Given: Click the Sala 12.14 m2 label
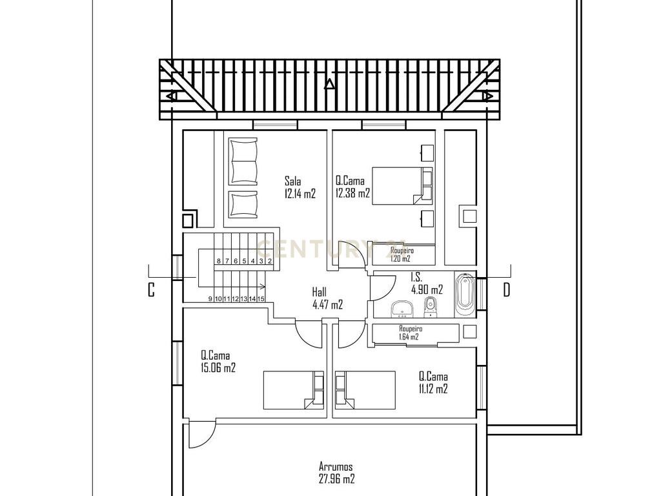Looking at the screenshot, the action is pos(300,187).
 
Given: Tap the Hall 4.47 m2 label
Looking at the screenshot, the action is pos(327,298).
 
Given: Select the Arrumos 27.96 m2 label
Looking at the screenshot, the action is pos(336,472).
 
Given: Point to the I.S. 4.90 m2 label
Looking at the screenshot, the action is pos(427,283).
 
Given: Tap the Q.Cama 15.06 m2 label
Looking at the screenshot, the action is pos(218,362).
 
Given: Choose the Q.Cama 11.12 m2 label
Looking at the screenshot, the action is pos(433,382).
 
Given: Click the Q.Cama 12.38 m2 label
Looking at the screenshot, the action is pos(352,187).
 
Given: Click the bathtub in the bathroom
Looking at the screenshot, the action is pos(465,294).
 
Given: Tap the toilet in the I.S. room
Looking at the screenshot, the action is pos(431,307).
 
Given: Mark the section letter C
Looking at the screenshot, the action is pos(151,290).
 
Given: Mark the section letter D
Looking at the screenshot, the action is pos(506,290).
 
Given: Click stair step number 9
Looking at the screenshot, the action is pos(210,298).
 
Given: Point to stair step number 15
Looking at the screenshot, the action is pos(261,298).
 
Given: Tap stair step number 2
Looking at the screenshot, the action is pos(270,261).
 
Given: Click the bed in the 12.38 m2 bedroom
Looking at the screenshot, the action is pos(403,186).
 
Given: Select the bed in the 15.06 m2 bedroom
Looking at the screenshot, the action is pos(294,390).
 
